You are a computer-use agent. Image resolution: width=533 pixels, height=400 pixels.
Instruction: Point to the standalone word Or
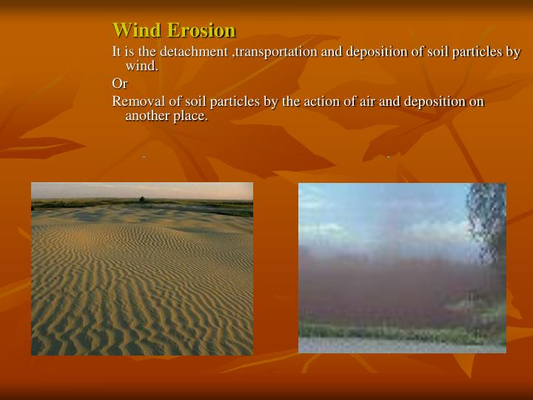click(x=119, y=84)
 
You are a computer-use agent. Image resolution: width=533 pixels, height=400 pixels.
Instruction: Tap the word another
click(x=150, y=116)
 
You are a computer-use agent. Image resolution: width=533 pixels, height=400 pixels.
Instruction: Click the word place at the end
click(x=191, y=116)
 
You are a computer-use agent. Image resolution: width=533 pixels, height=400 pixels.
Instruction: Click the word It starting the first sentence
click(x=117, y=52)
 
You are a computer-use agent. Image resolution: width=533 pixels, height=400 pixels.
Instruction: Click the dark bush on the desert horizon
click(x=141, y=199)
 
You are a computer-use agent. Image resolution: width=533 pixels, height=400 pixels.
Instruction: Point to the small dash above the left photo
click(x=144, y=157)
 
